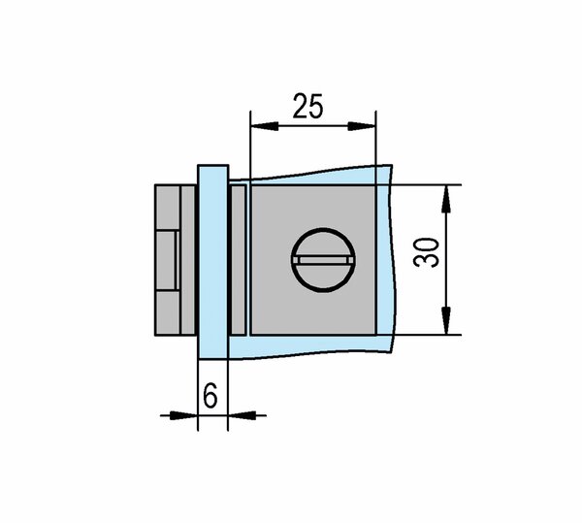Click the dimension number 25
coord(307,106)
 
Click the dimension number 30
coord(426,252)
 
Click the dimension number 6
coord(210,395)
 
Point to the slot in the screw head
coord(324,260)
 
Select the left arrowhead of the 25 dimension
coord(265,126)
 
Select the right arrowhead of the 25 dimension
coord(362,126)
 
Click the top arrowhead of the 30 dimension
coord(446,199)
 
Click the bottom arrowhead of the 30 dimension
coord(446,321)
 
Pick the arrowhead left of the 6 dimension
coord(183,415)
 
